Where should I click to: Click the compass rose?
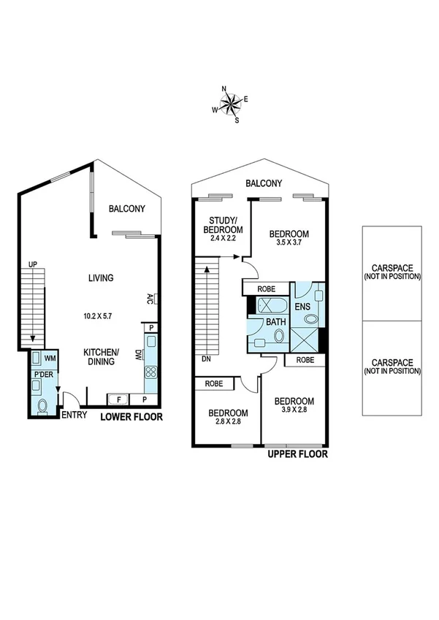pyautogui.click(x=230, y=104)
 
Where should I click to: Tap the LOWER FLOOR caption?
pyautogui.click(x=131, y=418)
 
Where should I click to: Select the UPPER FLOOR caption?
pyautogui.click(x=297, y=454)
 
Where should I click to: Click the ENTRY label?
pyautogui.click(x=74, y=416)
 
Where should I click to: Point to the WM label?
pyautogui.click(x=50, y=359)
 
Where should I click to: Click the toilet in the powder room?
pyautogui.click(x=42, y=405)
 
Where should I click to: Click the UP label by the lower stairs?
pyautogui.click(x=32, y=264)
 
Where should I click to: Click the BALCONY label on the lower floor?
pyautogui.click(x=126, y=209)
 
